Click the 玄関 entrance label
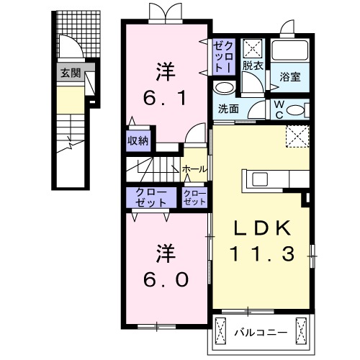(x=71, y=72)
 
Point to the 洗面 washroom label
(x=229, y=109)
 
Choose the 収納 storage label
(x=138, y=140)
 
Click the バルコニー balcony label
(x=261, y=332)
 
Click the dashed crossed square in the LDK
(x=295, y=135)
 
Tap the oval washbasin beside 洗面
(x=225, y=89)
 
